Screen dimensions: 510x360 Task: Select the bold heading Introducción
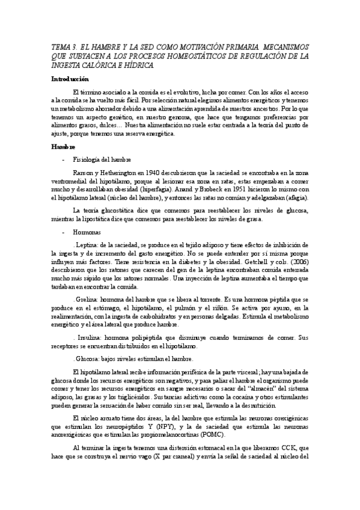[70, 79]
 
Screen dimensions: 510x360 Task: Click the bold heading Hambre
[63, 147]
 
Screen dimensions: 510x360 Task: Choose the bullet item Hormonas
[88, 232]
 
